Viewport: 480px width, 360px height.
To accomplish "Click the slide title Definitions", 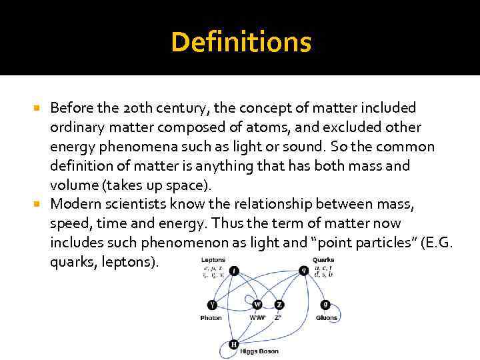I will point(240,43).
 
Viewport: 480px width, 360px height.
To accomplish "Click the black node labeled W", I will point(257,305).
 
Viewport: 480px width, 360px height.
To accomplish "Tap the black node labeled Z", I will point(279,305).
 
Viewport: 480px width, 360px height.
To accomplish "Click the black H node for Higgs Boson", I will point(233,345).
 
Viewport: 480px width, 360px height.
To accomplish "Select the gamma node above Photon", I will point(212,305).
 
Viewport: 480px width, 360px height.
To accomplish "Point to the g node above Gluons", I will point(325,305).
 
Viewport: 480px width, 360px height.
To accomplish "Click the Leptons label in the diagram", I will point(213,259).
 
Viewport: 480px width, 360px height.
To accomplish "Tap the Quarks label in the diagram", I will point(323,259).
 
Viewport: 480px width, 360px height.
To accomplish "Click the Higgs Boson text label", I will point(260,351).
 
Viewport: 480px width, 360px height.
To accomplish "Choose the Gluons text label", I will point(326,318).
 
